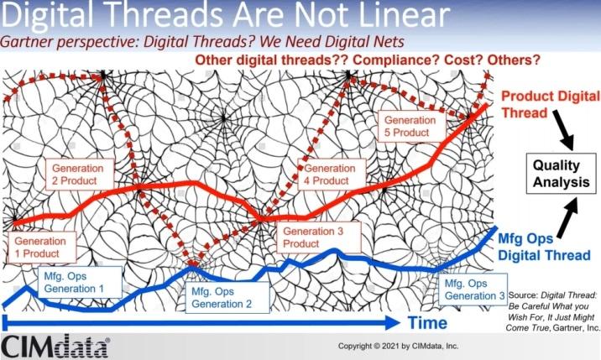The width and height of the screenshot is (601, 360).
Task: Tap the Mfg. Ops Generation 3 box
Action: point(475,290)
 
